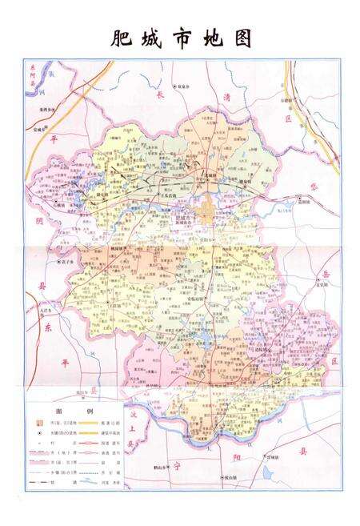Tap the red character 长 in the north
(x=158, y=95)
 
